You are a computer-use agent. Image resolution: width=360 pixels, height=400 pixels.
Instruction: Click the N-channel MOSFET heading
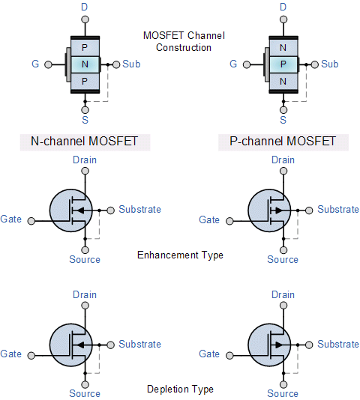pyautogui.click(x=84, y=142)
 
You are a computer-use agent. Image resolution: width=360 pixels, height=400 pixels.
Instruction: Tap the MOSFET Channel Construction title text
pyautogui.click(x=184, y=41)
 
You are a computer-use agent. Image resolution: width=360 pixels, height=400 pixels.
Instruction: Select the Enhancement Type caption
pyautogui.click(x=180, y=255)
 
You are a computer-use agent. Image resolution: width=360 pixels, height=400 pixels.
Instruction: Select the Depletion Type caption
pyautogui.click(x=180, y=389)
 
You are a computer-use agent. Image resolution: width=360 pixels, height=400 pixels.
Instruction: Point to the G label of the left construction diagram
pyautogui.click(x=35, y=64)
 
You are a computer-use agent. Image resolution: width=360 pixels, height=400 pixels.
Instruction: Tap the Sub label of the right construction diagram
pyautogui.click(x=330, y=64)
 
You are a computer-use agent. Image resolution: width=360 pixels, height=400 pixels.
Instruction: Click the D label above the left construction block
pyautogui.click(x=85, y=7)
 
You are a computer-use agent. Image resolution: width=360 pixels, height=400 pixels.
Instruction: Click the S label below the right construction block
pyautogui.click(x=283, y=120)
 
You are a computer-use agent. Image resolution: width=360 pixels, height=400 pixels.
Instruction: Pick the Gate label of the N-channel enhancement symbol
pyautogui.click(x=11, y=220)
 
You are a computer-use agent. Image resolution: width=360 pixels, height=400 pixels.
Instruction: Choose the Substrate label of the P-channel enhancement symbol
pyautogui.click(x=337, y=210)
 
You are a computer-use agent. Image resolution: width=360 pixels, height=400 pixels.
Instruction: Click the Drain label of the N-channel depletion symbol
pyautogui.click(x=85, y=294)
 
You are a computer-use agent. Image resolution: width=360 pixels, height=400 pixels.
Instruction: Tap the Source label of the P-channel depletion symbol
pyautogui.click(x=283, y=393)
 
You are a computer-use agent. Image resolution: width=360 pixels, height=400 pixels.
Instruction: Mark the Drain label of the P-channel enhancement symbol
pyautogui.click(x=283, y=160)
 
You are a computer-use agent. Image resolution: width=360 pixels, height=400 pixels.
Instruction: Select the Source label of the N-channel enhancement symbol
pyautogui.click(x=85, y=259)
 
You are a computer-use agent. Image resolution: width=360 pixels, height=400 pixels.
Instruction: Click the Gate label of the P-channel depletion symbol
pyautogui.click(x=209, y=354)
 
